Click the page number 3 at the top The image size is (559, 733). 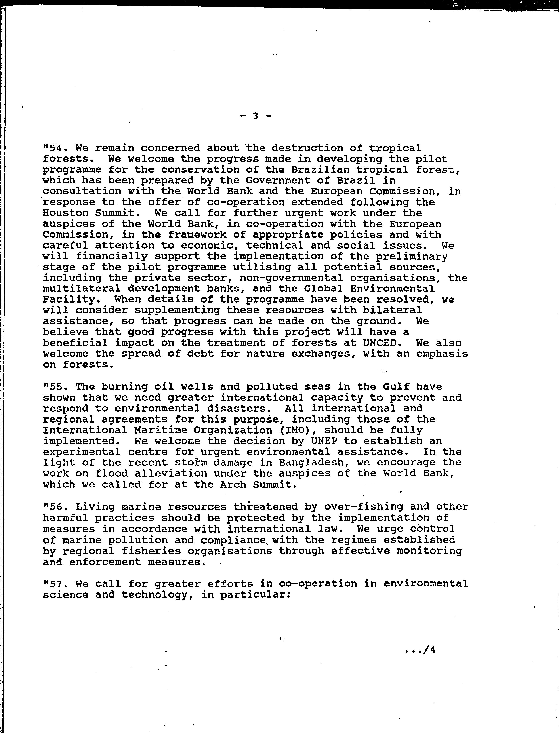(x=256, y=116)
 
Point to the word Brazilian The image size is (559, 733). (x=321, y=170)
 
